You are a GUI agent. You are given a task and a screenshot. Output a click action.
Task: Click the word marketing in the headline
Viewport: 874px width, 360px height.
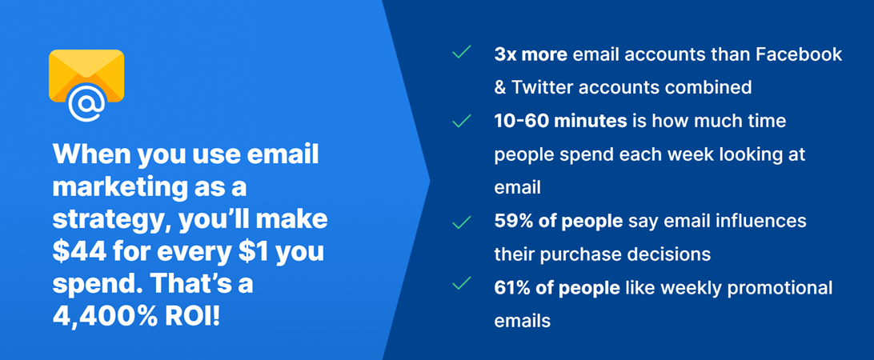tap(118, 188)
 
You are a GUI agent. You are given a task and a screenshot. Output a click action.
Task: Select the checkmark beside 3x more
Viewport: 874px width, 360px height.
tap(462, 54)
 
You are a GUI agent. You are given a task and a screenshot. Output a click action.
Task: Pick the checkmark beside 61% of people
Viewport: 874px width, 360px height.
tap(462, 283)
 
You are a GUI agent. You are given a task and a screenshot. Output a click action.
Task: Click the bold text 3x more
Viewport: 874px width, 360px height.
tap(531, 54)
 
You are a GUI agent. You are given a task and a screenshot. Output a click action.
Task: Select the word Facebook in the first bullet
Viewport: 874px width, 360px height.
tap(799, 54)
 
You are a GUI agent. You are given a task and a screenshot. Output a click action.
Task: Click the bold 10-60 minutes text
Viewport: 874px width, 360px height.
tap(560, 121)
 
